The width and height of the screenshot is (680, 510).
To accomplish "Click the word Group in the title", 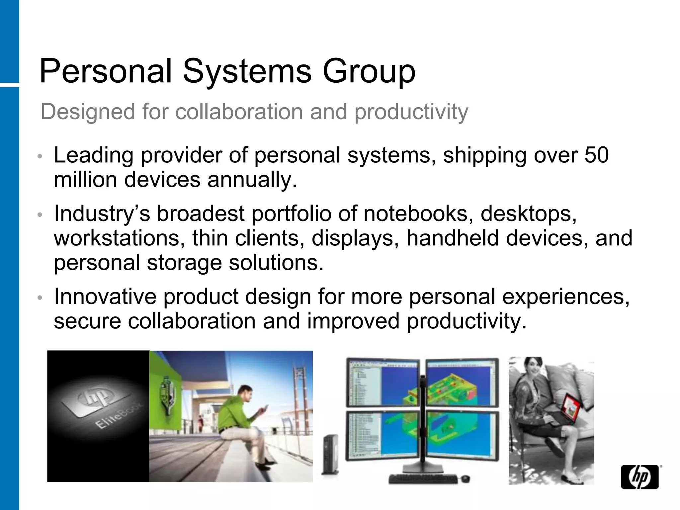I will (x=369, y=72).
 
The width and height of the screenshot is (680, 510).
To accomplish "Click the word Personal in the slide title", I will (x=106, y=71).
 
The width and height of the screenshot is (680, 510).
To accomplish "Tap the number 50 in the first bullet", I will (x=596, y=155).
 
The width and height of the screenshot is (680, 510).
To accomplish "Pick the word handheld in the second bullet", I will (x=452, y=238).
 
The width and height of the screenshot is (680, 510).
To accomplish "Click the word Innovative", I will (x=105, y=296).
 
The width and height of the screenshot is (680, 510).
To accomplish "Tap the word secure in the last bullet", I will (x=87, y=321).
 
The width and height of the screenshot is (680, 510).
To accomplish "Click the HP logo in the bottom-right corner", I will (x=640, y=477).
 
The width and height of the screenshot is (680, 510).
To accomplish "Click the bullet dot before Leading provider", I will (x=40, y=156).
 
